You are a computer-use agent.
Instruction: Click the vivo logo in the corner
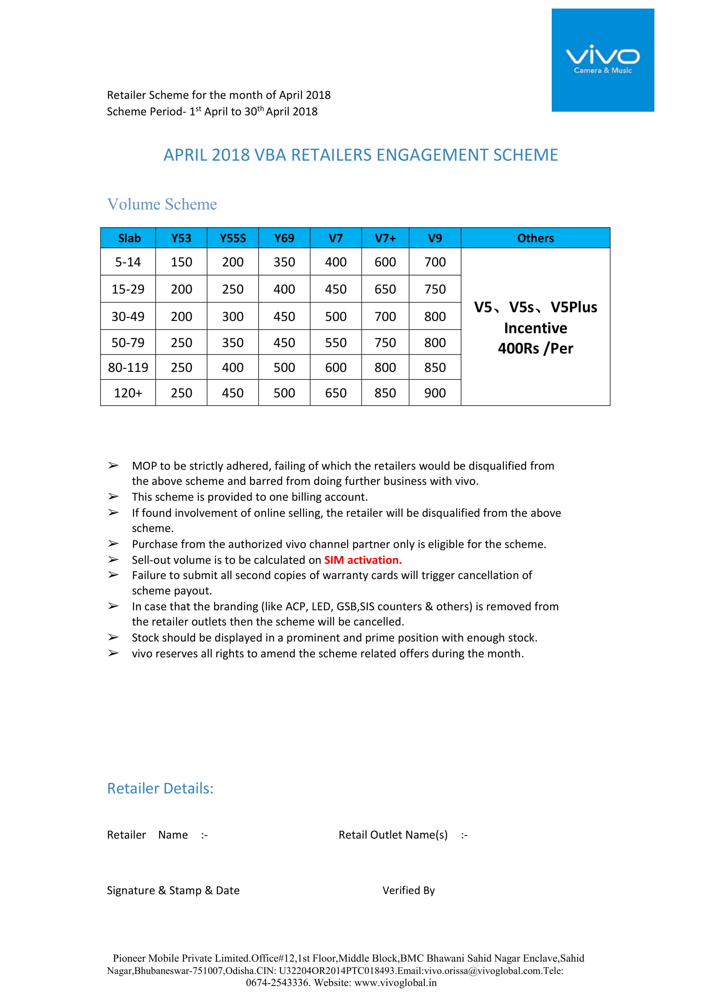pyautogui.click(x=603, y=60)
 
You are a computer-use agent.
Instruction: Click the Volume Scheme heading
pyautogui.click(x=162, y=204)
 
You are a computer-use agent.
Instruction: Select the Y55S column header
pyautogui.click(x=233, y=238)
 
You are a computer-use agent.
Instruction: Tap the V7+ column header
pyautogui.click(x=385, y=238)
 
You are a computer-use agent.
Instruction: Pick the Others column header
pyautogui.click(x=535, y=238)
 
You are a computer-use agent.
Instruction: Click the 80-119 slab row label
pyautogui.click(x=128, y=368)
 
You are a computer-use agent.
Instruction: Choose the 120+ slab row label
pyautogui.click(x=128, y=393)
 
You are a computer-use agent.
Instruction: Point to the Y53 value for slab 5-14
pyautogui.click(x=181, y=262)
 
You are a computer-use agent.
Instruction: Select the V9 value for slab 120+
pyautogui.click(x=435, y=393)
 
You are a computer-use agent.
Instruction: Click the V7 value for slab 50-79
pyautogui.click(x=335, y=343)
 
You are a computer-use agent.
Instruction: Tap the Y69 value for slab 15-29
pyautogui.click(x=284, y=289)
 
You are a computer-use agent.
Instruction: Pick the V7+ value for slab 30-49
pyautogui.click(x=385, y=317)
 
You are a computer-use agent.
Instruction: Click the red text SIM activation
pyautogui.click(x=363, y=560)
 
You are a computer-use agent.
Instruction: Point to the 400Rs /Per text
pyautogui.click(x=535, y=348)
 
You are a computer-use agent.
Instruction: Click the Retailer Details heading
pyautogui.click(x=160, y=788)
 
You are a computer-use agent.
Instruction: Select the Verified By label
pyautogui.click(x=408, y=890)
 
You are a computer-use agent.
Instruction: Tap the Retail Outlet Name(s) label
pyautogui.click(x=393, y=835)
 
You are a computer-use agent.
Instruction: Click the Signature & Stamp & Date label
pyautogui.click(x=173, y=890)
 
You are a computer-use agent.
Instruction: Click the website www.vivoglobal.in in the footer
pyautogui.click(x=395, y=983)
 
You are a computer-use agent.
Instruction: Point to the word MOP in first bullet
pyautogui.click(x=144, y=466)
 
